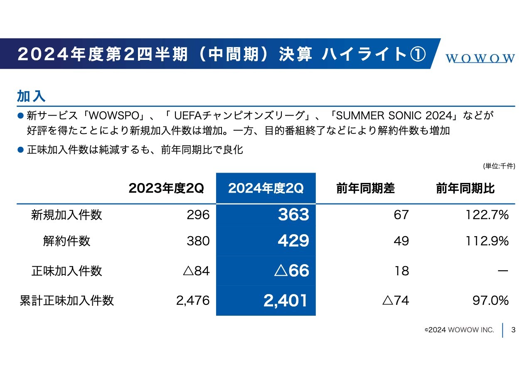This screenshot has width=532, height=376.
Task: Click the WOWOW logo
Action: point(480,58)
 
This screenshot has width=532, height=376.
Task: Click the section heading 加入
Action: point(31,96)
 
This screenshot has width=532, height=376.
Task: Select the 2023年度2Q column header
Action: point(166,188)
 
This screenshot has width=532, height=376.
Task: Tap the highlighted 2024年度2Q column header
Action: point(266,188)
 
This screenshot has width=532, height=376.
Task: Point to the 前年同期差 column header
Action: point(366,188)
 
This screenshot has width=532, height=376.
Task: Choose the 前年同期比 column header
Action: point(465,188)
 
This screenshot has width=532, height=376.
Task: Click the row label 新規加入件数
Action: point(66,215)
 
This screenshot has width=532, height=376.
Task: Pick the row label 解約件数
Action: point(66,241)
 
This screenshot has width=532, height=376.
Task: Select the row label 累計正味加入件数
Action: point(66,300)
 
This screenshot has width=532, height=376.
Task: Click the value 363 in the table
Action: point(293,215)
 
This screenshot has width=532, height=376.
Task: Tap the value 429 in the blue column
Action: point(293,241)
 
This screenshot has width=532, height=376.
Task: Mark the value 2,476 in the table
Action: point(193,300)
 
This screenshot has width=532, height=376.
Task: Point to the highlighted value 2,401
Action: point(286,300)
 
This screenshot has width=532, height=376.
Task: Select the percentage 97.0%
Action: point(490,300)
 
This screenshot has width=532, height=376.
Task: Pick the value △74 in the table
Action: point(395,300)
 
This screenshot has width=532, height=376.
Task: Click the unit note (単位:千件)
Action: point(499,166)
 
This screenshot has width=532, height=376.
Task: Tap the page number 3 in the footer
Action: point(513,330)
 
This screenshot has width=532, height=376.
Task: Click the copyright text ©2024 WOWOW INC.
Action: point(459,330)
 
